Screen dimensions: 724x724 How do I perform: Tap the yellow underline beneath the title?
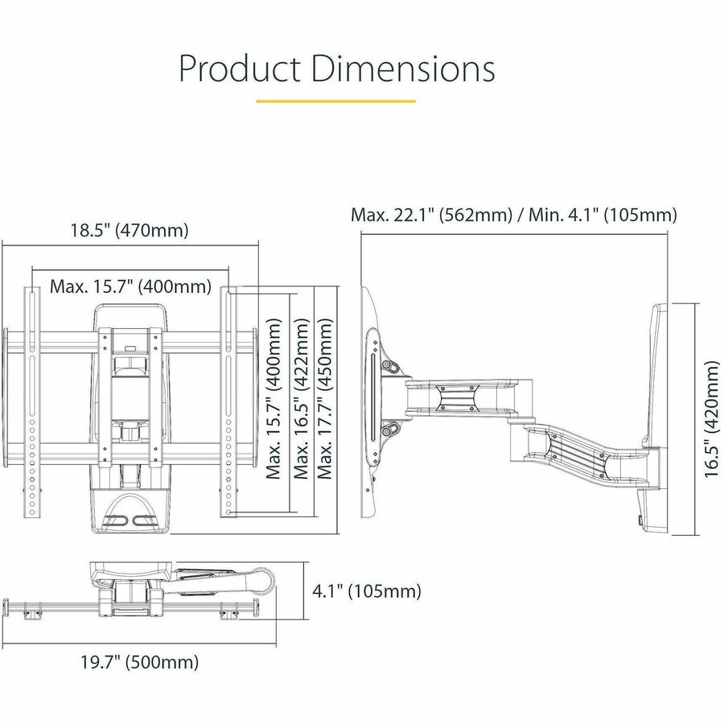335,102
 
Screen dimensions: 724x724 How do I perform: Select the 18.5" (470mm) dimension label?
129,231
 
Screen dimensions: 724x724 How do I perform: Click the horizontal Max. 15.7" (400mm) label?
130,286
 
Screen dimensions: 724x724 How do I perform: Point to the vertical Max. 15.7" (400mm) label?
274,399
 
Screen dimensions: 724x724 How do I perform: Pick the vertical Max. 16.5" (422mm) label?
301,399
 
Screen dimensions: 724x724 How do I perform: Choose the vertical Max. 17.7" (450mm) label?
325,399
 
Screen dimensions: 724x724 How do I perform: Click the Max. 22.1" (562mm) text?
431,215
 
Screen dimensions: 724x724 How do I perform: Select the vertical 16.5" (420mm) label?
712,419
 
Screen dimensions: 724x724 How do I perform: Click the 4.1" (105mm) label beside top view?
366,592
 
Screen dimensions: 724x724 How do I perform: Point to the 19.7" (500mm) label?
139,663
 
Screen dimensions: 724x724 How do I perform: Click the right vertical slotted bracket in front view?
228,402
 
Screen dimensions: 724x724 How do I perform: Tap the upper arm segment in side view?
459,394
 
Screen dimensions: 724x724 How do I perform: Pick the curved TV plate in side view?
372,402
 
